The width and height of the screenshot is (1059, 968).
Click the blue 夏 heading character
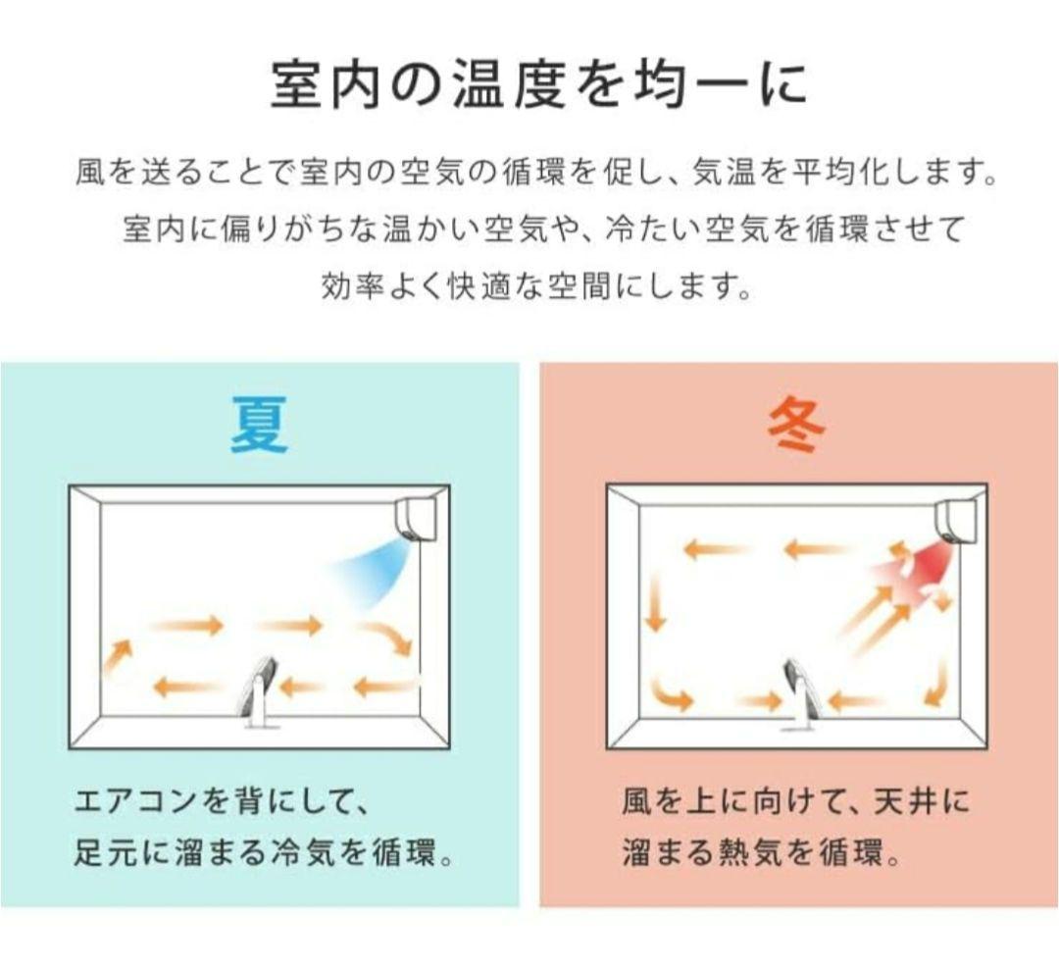click(x=260, y=425)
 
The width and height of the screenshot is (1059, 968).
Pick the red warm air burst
click(x=920, y=563)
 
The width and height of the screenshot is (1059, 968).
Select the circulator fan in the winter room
click(x=798, y=692)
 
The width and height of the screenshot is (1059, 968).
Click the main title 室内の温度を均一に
click(x=538, y=84)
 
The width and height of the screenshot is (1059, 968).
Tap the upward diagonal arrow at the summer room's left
click(x=117, y=655)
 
